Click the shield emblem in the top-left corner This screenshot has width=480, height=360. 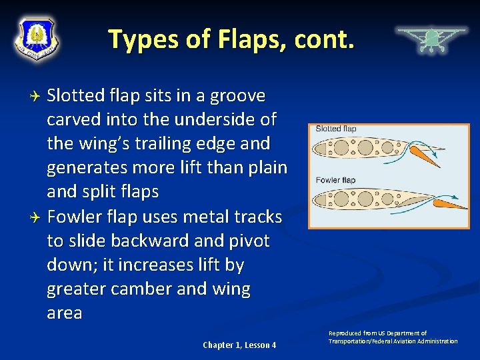pyautogui.click(x=37, y=38)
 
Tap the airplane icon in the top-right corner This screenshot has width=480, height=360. pyautogui.click(x=431, y=39)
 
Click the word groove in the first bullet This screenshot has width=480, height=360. pyautogui.click(x=237, y=97)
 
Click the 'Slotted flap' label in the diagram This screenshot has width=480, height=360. pyautogui.click(x=336, y=129)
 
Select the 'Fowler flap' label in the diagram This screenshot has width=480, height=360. pyautogui.click(x=335, y=180)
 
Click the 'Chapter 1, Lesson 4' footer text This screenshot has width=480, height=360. pyautogui.click(x=239, y=345)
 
